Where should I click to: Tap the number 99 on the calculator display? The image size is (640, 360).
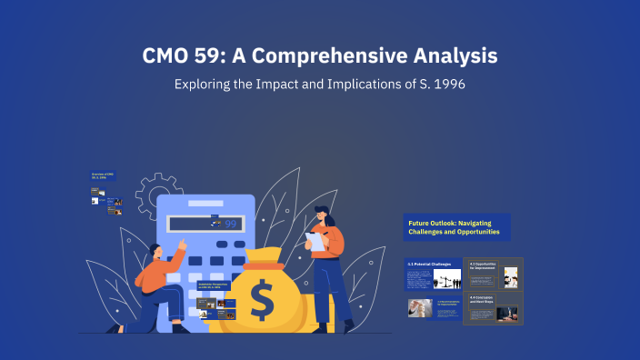[230, 224]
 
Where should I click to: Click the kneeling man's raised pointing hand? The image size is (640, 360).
[182, 243]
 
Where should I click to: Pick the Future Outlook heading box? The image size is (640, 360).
[456, 227]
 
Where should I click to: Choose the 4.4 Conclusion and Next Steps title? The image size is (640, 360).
[483, 299]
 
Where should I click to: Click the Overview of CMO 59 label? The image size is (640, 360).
[102, 175]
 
